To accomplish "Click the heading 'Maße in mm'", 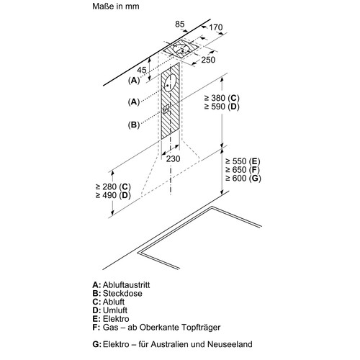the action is point(116,6).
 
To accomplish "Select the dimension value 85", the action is point(180,24).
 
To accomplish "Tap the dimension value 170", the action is point(216,27).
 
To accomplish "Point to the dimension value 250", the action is point(208,60).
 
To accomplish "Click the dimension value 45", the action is point(142,70).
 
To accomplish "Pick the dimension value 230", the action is point(173,158).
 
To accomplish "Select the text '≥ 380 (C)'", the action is point(222,98).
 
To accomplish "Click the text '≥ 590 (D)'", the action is point(222,107).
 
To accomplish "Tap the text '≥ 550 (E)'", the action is point(243,161).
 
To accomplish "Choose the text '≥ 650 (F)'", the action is point(243,170).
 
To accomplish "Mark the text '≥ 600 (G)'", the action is point(243,178).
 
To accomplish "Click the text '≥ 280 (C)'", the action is point(113,186).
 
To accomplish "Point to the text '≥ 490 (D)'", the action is point(113,195).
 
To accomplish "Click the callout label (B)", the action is point(134,125).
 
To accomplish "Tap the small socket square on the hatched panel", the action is point(166,109).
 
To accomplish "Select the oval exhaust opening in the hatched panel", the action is point(170,83).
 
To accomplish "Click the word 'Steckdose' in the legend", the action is point(122,293).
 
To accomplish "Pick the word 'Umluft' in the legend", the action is point(115,310).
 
